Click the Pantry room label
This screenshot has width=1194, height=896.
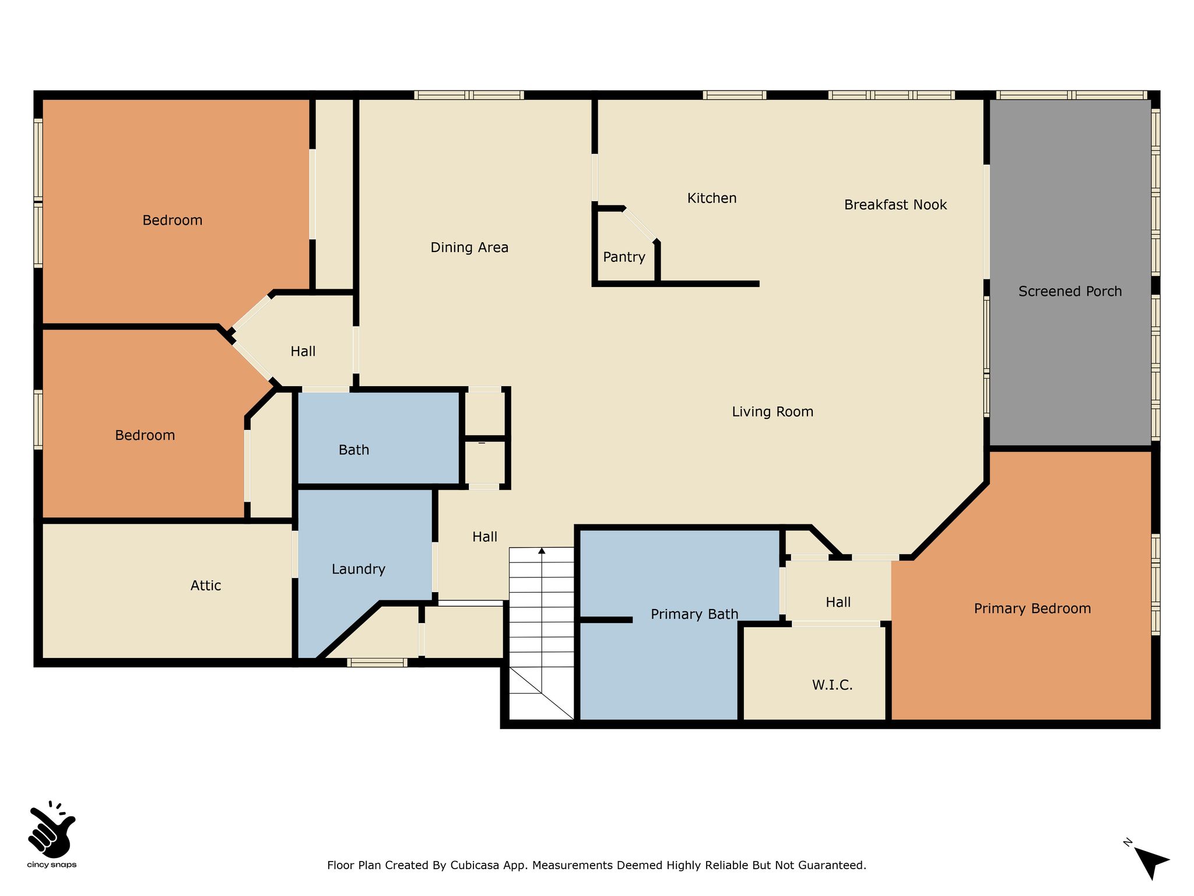click(x=624, y=257)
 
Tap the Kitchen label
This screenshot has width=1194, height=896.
click(x=712, y=198)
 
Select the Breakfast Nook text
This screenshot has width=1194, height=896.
click(x=895, y=205)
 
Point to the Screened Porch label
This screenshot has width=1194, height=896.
click(x=1070, y=292)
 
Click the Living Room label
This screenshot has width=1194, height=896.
click(x=772, y=412)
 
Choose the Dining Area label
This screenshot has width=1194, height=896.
click(x=469, y=247)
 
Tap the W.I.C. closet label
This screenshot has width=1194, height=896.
click(x=833, y=685)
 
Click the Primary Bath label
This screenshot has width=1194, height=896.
click(x=694, y=614)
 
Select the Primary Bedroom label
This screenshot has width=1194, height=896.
click(x=1033, y=609)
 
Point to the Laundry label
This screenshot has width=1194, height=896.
click(x=359, y=569)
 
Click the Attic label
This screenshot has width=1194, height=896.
click(x=206, y=586)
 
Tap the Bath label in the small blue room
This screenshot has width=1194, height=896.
click(x=354, y=450)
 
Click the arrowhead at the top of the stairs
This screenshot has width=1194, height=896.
click(x=542, y=551)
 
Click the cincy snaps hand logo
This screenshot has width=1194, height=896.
click(x=51, y=829)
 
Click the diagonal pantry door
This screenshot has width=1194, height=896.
click(x=640, y=224)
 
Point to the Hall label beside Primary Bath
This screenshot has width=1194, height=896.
click(x=838, y=603)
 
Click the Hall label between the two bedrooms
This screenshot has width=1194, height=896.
click(x=303, y=352)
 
